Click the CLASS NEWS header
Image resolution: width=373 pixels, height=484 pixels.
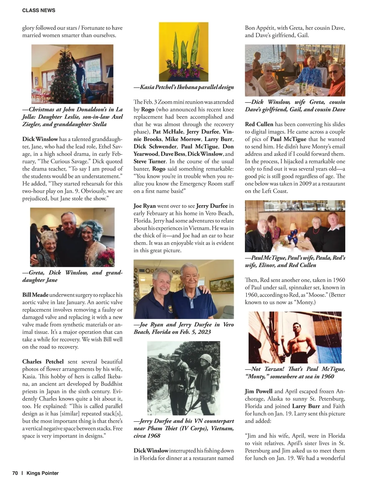39,10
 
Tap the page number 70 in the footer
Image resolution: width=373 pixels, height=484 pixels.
15,473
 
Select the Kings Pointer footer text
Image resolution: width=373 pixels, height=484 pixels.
43,473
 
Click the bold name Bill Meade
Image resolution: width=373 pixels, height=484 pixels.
35,295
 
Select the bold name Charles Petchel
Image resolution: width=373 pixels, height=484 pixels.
43,362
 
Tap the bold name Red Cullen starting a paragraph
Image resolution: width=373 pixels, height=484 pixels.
259,124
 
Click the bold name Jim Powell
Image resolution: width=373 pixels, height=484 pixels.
259,391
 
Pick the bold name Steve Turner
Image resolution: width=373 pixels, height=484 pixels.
150,161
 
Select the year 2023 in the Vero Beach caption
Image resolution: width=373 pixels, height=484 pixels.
204,332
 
